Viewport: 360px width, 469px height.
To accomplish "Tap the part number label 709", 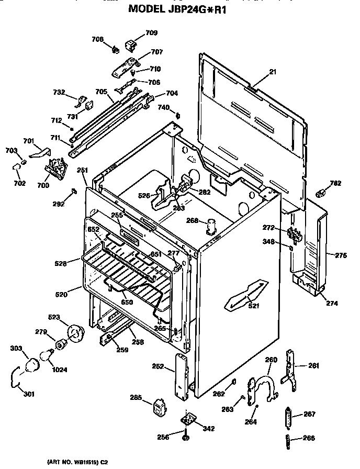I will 151,33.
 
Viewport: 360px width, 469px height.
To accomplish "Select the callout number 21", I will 272,72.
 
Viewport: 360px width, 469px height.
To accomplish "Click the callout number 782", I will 335,183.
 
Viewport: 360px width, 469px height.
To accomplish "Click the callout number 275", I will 341,255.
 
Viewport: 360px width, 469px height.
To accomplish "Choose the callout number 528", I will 61,264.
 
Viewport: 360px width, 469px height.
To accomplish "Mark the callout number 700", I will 43,185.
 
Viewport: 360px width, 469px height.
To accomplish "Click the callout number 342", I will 208,429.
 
